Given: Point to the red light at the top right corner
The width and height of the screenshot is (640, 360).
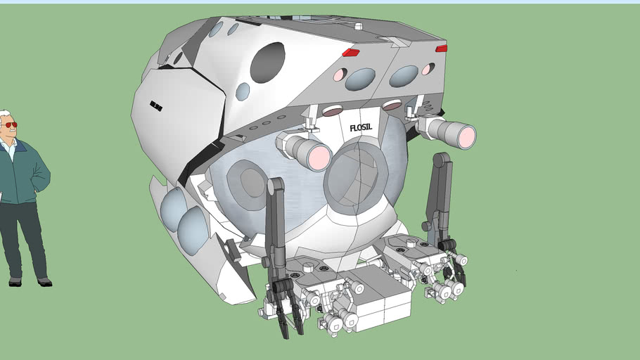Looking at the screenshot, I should point(441,49).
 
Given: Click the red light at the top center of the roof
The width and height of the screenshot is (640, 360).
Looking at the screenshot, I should point(350,53).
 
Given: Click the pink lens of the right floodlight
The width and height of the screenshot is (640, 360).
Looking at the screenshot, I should point(466,136).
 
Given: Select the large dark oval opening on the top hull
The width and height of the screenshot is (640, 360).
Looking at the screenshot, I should point(267,61).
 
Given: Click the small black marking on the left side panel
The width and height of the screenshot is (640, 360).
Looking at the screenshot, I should point(156,106).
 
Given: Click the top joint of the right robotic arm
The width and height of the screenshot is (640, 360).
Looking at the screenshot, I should point(441,160).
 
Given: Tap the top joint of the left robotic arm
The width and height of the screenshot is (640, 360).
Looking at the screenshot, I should point(275,186).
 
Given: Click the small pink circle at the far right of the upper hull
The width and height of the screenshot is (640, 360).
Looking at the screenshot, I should point(428,69).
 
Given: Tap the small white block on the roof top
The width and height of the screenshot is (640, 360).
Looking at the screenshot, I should point(358,27).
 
